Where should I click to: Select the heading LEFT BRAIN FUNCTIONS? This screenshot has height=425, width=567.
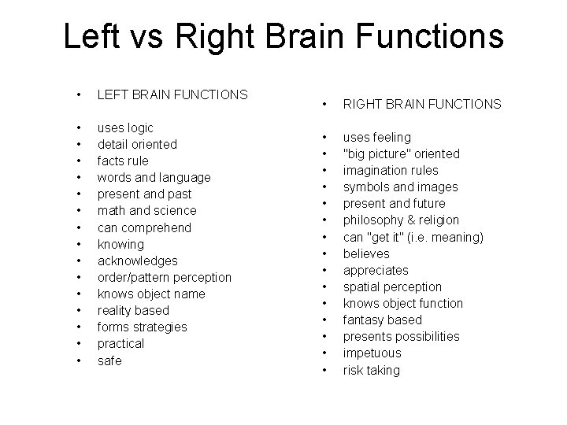(x=172, y=94)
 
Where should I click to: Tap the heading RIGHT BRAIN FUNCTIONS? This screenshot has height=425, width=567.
(x=421, y=104)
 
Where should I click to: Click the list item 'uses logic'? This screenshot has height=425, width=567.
(x=125, y=128)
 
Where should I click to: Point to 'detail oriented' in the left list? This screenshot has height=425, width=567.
(x=137, y=144)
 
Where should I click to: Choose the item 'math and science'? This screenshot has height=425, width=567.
(x=146, y=210)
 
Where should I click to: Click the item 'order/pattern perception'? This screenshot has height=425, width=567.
(x=164, y=277)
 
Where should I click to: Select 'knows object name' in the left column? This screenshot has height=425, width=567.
(x=150, y=294)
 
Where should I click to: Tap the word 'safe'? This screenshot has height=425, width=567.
(x=109, y=360)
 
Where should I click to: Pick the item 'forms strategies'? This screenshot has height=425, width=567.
(x=142, y=327)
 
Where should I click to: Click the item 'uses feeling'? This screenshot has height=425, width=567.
(x=376, y=137)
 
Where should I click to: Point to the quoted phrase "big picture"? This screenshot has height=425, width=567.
(x=371, y=153)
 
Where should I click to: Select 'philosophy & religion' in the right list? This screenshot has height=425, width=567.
(x=401, y=220)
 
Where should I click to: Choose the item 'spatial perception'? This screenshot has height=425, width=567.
(x=392, y=286)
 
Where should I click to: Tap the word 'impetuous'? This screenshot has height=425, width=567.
(x=372, y=353)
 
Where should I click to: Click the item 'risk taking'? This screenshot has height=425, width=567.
(x=371, y=370)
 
